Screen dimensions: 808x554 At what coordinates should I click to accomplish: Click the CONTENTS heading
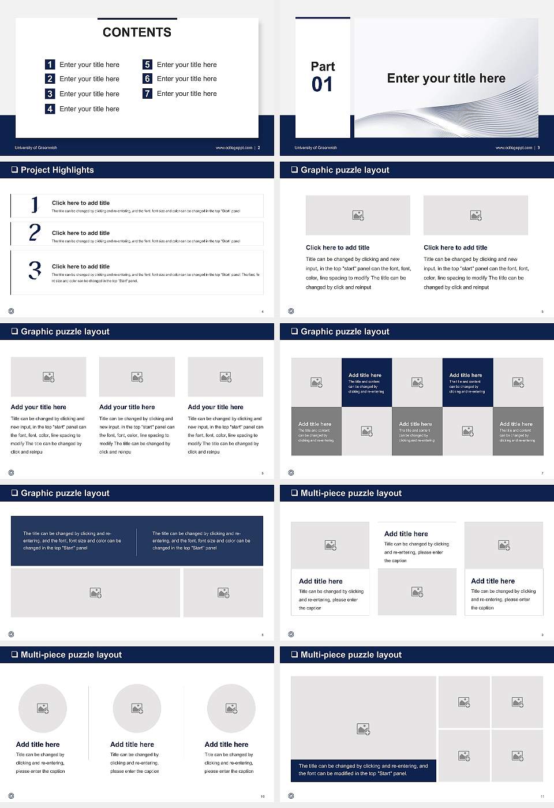137,32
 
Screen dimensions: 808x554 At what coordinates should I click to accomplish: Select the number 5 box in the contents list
147,65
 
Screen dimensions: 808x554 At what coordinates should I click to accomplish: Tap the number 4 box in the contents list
50,109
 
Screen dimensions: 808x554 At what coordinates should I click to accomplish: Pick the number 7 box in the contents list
147,93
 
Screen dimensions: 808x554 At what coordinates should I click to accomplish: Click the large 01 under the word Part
322,85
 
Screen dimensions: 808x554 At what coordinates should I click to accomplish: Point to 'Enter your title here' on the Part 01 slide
446,78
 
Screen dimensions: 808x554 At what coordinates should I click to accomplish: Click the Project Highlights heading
57,170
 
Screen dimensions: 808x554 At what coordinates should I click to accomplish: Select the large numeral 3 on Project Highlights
35,270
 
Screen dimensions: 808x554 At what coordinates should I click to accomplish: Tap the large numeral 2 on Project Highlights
35,233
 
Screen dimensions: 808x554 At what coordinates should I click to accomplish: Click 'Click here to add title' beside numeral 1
81,203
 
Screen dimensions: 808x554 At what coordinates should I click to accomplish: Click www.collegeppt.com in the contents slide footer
234,148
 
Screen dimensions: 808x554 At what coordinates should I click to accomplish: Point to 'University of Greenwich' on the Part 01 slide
316,148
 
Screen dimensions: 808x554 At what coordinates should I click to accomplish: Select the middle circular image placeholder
137,708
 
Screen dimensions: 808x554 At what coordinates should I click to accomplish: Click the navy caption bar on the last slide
363,770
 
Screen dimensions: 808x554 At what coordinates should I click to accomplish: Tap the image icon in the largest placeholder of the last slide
363,730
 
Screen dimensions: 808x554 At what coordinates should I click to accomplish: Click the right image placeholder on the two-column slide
476,215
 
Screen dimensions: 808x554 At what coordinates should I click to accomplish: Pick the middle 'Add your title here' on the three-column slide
127,407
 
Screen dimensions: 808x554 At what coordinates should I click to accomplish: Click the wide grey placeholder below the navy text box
95,593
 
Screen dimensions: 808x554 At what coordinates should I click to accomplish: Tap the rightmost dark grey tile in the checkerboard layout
518,431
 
